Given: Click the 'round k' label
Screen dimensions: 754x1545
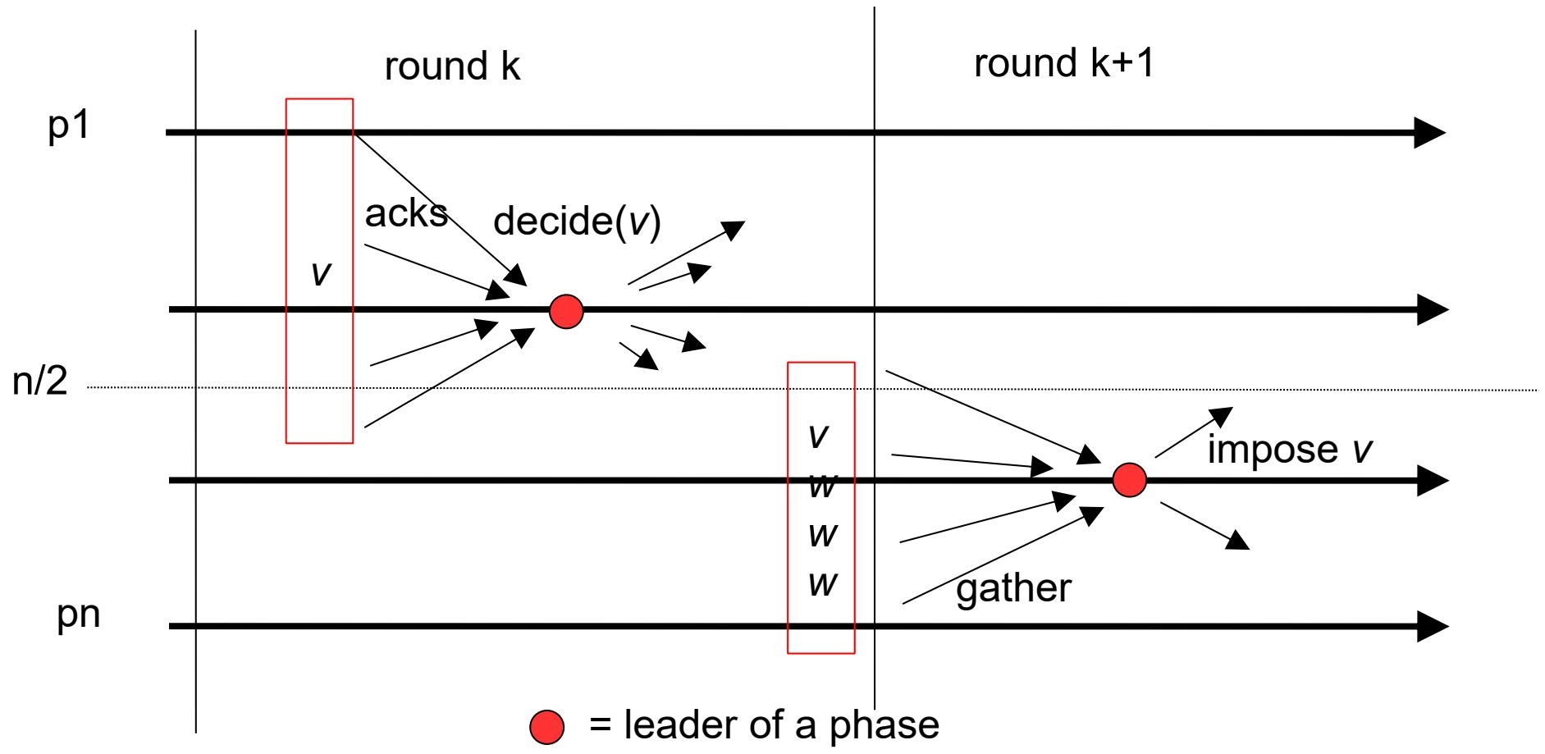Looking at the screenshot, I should pos(452,66).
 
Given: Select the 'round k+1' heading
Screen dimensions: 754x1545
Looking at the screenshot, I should pos(1063,63).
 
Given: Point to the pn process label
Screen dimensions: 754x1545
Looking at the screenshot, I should pos(78,615).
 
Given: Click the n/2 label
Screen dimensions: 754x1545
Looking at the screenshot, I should pos(39,382).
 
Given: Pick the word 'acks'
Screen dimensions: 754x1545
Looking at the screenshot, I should pos(405,214).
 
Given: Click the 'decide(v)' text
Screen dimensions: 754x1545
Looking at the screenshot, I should pos(577,222).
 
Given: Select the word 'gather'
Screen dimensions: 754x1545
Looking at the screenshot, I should pos(1013,588).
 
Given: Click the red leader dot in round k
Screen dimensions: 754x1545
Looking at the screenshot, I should pos(566,312).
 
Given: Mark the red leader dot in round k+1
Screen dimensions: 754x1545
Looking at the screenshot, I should pos(1129,480).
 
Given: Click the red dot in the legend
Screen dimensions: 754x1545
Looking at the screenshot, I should pos(546,726).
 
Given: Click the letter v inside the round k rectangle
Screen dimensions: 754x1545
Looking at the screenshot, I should pos(321,273).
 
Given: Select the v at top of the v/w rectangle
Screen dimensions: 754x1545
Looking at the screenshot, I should pos(818,436).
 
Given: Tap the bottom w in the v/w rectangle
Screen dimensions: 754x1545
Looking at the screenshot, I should pos(822,584).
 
